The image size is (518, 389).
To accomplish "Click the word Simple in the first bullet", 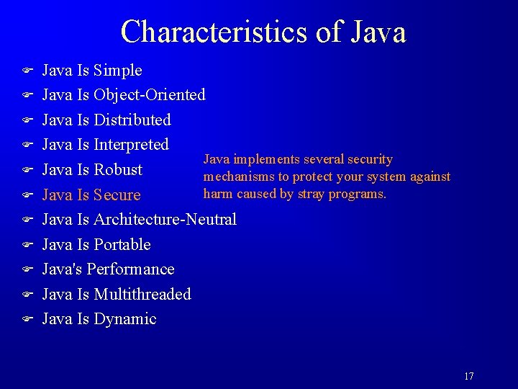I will coord(118,71).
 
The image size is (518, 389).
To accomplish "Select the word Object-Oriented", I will coord(150,95).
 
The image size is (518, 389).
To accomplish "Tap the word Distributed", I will coord(132,120).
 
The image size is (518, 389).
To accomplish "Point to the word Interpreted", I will coord(131,145).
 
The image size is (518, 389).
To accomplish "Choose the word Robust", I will coord(118,170).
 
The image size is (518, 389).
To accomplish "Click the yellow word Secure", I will coord(117,195).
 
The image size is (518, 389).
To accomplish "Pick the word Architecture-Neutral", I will coord(165,219).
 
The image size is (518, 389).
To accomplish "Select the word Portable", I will coord(122,244).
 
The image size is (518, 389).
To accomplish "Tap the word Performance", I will coord(130,269).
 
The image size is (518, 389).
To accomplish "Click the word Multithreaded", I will coord(142,294).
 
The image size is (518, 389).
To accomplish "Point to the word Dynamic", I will coord(125,319).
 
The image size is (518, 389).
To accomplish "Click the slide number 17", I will coord(469,376).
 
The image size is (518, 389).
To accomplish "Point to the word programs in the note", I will coord(360,194).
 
